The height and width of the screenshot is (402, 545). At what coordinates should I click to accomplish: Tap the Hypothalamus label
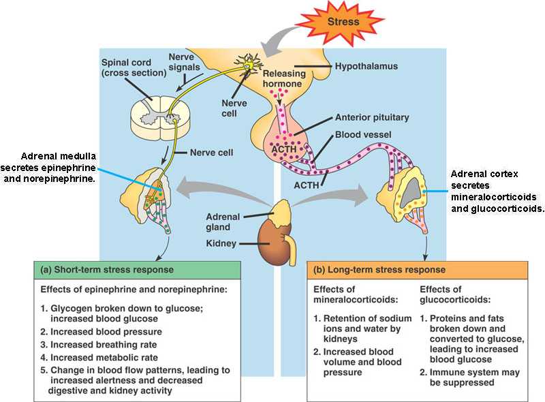pyautogui.click(x=366, y=67)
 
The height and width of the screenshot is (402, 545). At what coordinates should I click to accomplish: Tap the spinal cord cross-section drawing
pyautogui.click(x=155, y=118)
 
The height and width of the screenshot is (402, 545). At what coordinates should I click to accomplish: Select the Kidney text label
pyautogui.click(x=222, y=243)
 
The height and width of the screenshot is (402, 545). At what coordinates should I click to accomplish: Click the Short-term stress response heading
pyautogui.click(x=108, y=269)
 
